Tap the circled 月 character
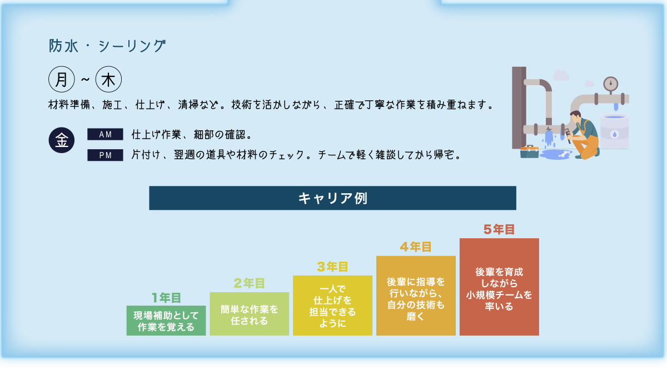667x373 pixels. (x=62, y=80)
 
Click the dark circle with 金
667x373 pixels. (x=62, y=140)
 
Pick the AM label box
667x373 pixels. (x=105, y=134)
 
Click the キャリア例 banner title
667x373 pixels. (x=332, y=198)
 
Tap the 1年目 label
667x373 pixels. (x=166, y=298)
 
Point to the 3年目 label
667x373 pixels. (x=332, y=267)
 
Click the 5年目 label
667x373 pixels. (x=499, y=229)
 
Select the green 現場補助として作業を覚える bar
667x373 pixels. (x=166, y=321)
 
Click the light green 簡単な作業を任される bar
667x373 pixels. (x=249, y=314)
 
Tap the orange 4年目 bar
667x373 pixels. (x=416, y=296)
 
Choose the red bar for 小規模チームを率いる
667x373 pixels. (x=499, y=287)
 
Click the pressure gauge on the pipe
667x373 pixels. (x=611, y=84)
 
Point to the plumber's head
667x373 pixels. (x=575, y=117)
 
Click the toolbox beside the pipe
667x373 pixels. (x=529, y=151)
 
